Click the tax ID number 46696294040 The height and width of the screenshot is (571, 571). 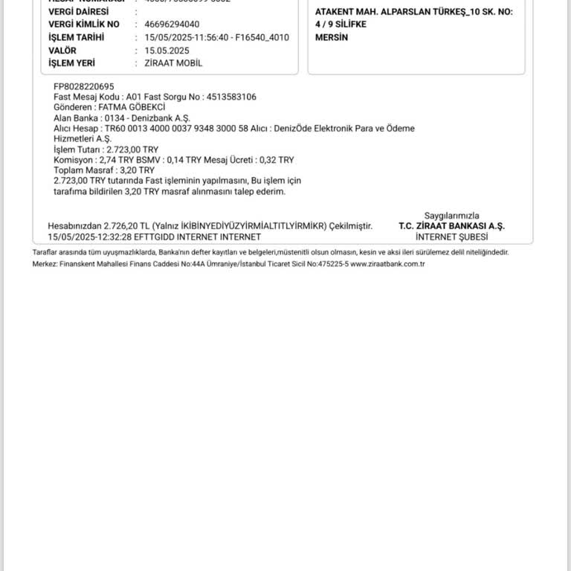click(171, 24)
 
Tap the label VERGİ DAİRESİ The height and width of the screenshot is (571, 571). click(78, 12)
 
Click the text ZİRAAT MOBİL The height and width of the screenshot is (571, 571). click(173, 63)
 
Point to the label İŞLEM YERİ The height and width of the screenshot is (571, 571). click(72, 63)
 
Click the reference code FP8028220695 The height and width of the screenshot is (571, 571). click(84, 86)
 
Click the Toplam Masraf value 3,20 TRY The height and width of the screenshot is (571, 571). click(137, 170)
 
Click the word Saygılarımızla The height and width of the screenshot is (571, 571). click(452, 216)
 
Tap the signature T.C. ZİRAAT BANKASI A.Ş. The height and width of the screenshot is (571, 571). click(451, 226)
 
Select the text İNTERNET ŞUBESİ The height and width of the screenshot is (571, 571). click(452, 236)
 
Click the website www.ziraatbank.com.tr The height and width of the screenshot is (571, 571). click(387, 264)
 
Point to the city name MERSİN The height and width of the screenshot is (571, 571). click(332, 37)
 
